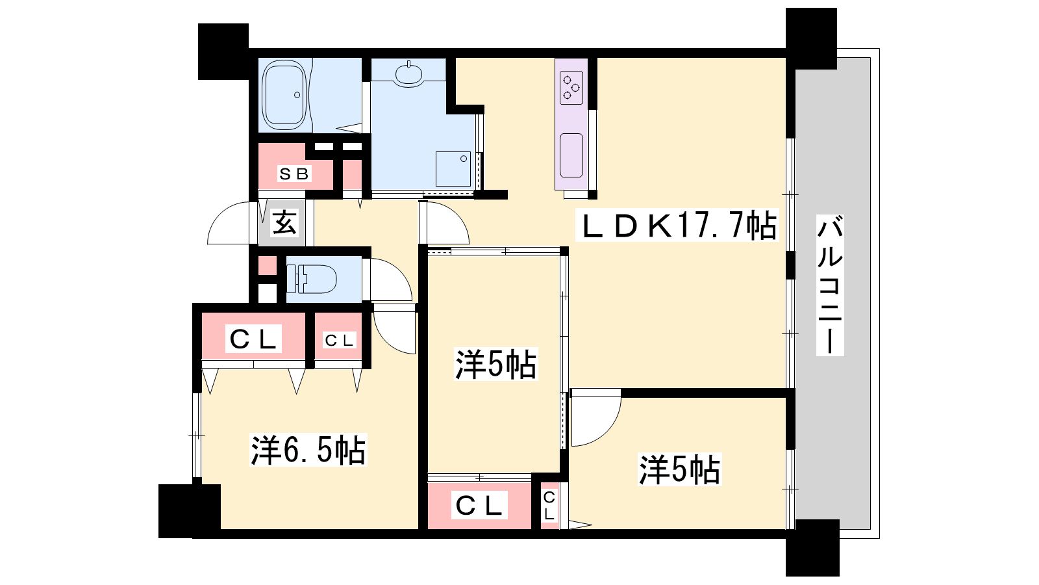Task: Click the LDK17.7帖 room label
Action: pyautogui.click(x=676, y=225)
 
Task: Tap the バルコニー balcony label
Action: pyautogui.click(x=830, y=285)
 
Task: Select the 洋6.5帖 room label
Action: pyautogui.click(x=308, y=449)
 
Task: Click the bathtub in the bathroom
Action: pyautogui.click(x=284, y=95)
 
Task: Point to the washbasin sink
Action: pyautogui.click(x=408, y=74)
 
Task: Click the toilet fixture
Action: pyautogui.click(x=311, y=279)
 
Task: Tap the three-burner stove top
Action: pyautogui.click(x=571, y=87)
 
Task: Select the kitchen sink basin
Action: pyautogui.click(x=571, y=155)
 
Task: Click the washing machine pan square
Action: pyautogui.click(x=453, y=169)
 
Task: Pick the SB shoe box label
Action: pyautogui.click(x=294, y=174)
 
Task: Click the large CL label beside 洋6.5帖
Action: pyautogui.click(x=253, y=339)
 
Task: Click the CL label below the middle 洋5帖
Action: pyautogui.click(x=479, y=506)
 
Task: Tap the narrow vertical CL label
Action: pyautogui.click(x=549, y=506)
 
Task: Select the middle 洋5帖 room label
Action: pyautogui.click(x=495, y=365)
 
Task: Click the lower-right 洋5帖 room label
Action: pyautogui.click(x=679, y=470)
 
